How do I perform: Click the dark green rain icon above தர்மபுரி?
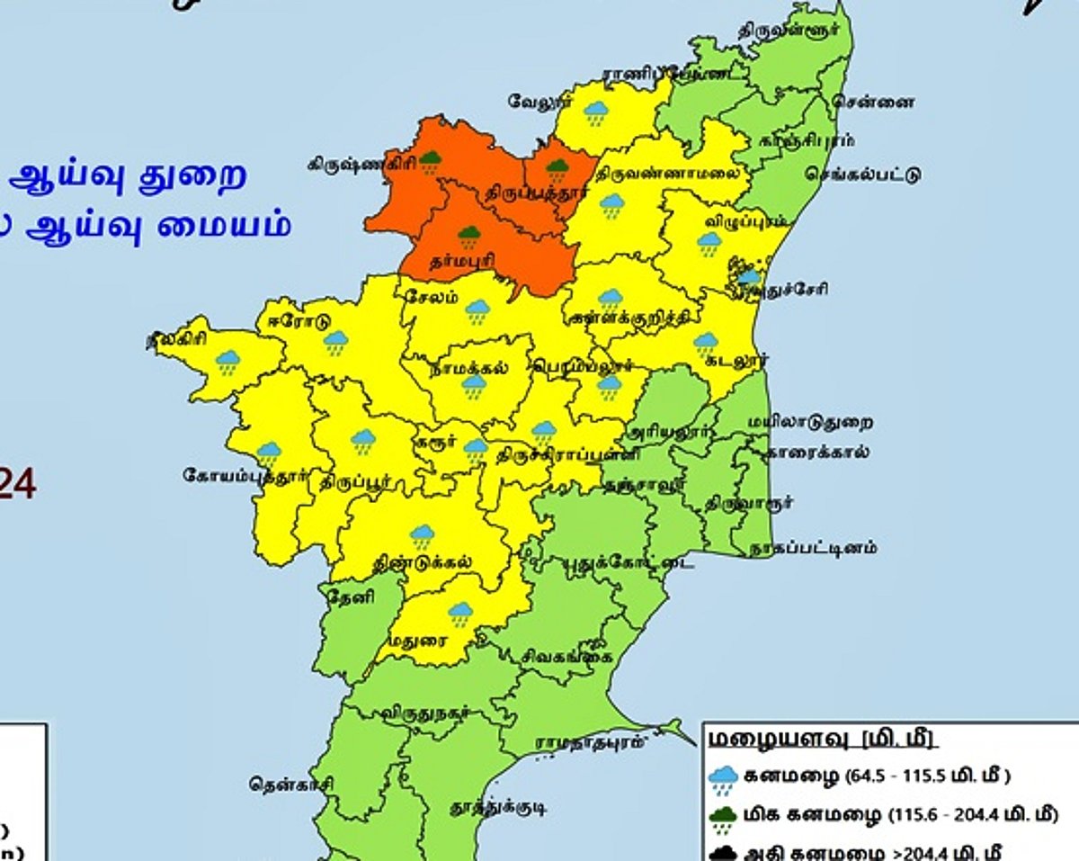468,238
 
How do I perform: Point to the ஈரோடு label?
292,321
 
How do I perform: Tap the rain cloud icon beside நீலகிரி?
228,362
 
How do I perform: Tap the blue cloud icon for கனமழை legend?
723,778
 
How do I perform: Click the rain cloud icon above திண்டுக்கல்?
422,536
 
